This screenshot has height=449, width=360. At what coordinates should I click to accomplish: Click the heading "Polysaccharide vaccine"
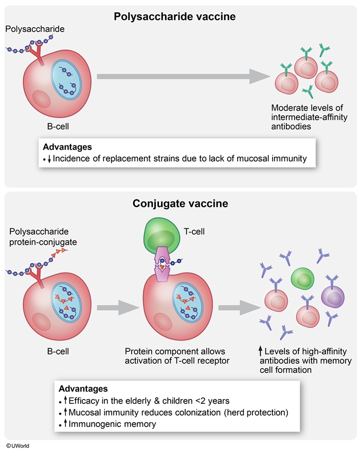click(x=174, y=16)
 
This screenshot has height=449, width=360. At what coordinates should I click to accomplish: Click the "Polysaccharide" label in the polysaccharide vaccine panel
click(x=35, y=29)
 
